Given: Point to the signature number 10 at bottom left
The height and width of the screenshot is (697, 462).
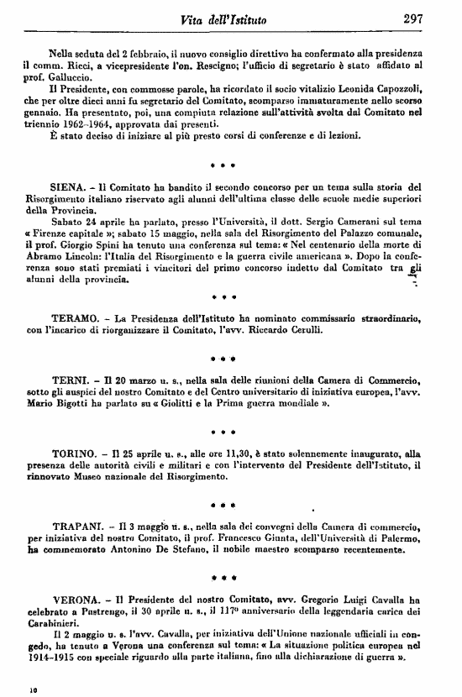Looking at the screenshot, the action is (34, 687).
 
